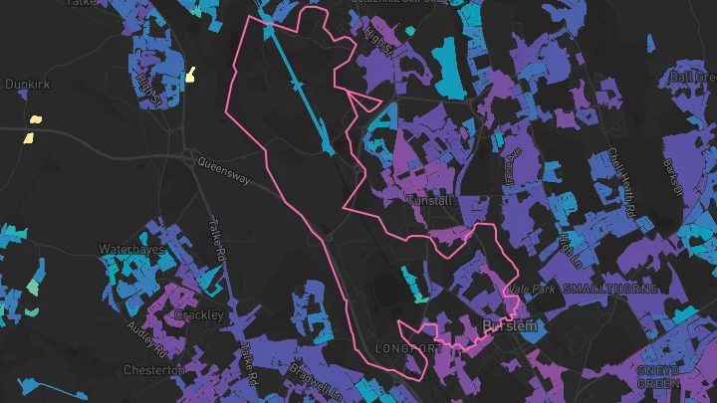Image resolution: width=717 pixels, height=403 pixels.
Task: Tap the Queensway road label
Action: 220,163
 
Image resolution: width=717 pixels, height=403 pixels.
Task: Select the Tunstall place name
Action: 431,201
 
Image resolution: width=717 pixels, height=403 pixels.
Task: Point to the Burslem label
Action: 509,325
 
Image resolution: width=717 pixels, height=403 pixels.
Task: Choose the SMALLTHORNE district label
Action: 610,289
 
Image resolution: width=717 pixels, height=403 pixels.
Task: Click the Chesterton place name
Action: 153,369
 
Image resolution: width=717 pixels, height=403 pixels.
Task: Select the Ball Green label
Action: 693,77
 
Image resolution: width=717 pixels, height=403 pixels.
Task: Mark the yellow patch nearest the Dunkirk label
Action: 36,119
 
